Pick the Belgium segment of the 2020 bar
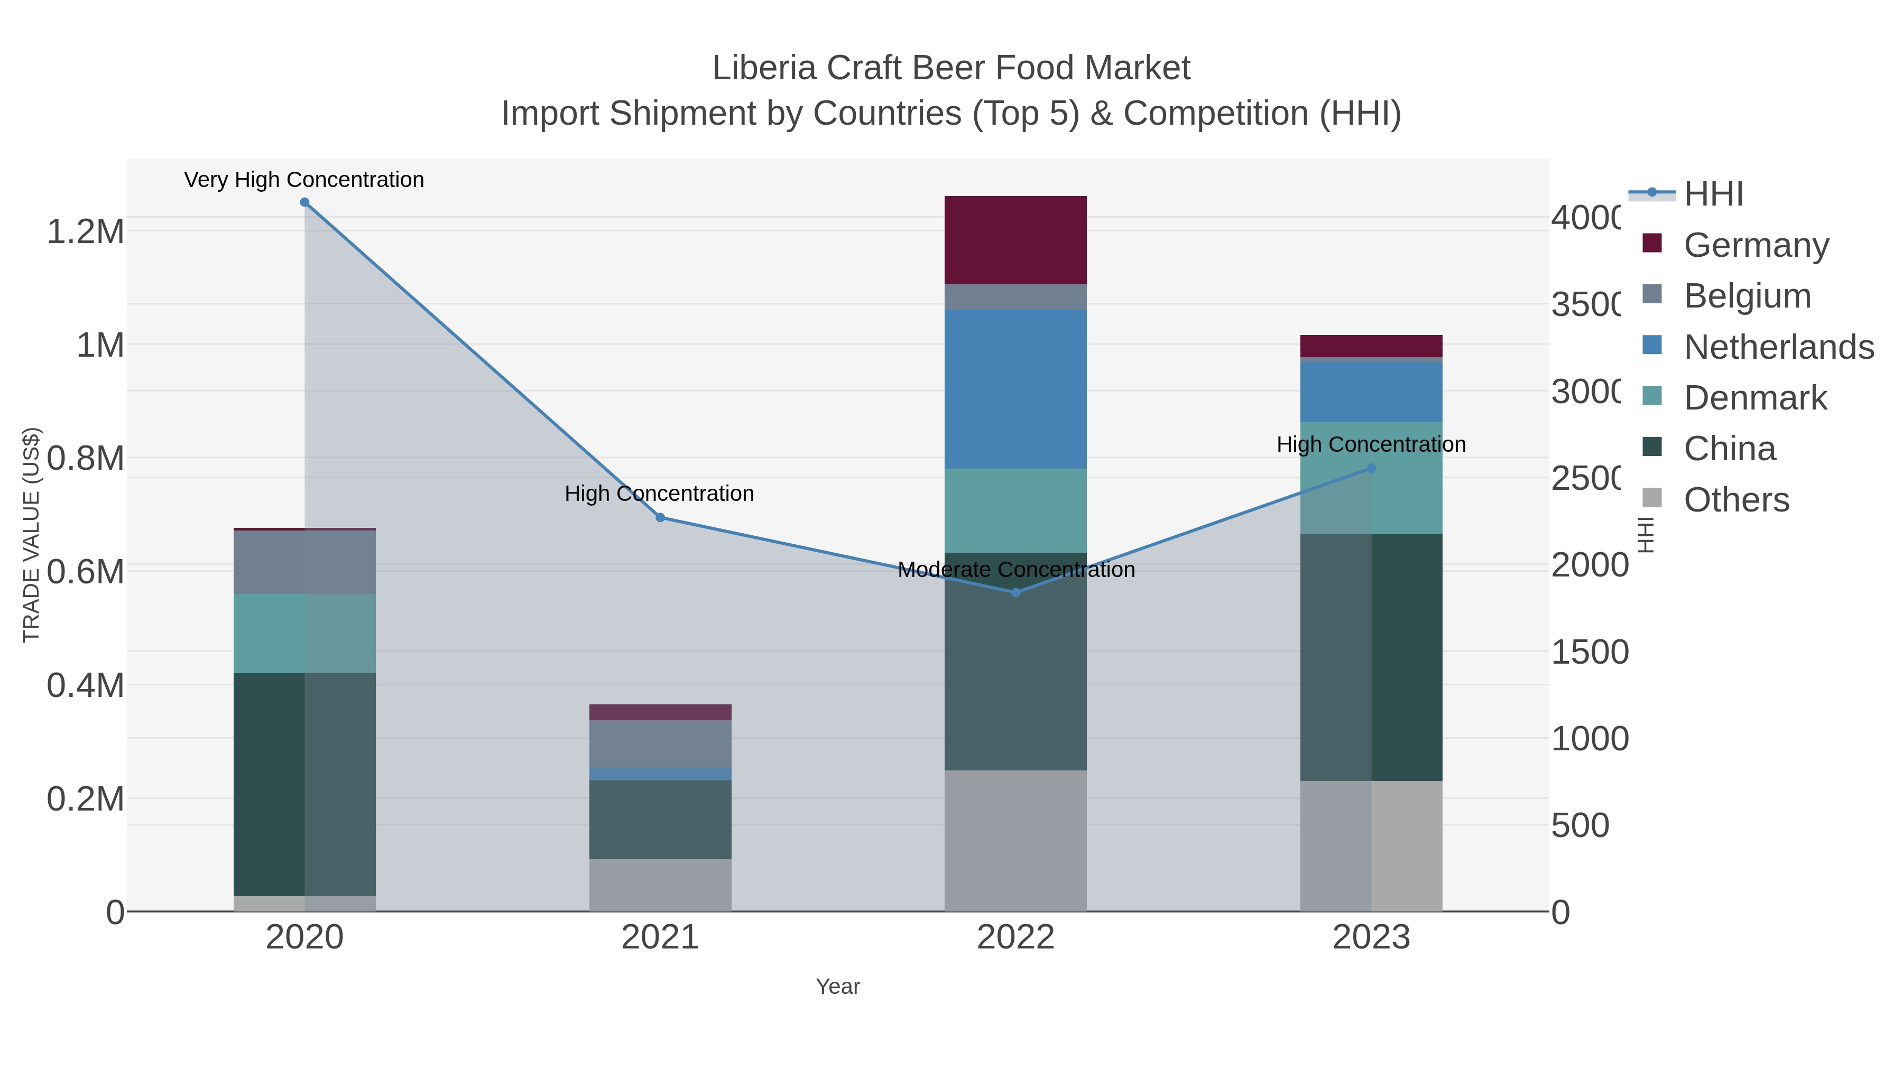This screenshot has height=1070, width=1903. click(304, 562)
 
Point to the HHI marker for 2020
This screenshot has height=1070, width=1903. click(304, 202)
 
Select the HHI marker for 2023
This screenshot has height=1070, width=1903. click(1371, 468)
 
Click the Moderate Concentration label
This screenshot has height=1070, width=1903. click(1016, 570)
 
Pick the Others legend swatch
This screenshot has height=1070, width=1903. click(1652, 498)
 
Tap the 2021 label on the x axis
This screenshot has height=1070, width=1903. click(660, 938)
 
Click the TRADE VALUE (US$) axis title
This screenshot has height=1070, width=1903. click(31, 535)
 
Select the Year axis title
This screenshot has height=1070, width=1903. click(838, 987)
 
